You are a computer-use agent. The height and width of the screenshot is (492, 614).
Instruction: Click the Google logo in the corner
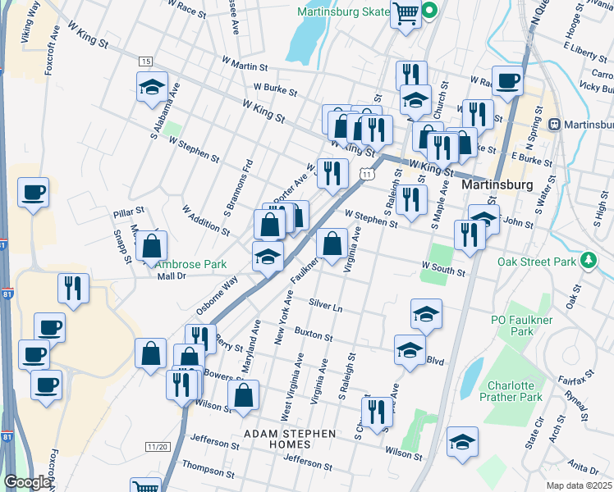[26, 482]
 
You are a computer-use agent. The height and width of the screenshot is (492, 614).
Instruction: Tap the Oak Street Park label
[537, 262]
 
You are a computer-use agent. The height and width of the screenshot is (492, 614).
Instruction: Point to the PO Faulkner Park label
[522, 326]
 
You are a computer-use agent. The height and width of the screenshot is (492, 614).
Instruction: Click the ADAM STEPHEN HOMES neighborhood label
[289, 438]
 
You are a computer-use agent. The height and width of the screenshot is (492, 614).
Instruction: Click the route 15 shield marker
[145, 61]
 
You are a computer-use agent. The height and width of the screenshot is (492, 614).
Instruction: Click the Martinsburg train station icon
[554, 125]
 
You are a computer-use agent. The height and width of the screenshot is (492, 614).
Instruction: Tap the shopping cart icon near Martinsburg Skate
[406, 14]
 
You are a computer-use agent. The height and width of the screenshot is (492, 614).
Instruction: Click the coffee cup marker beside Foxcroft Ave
[33, 194]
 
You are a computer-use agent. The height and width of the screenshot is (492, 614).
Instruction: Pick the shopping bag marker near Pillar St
[152, 245]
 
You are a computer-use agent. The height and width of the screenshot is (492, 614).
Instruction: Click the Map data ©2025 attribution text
[580, 485]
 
